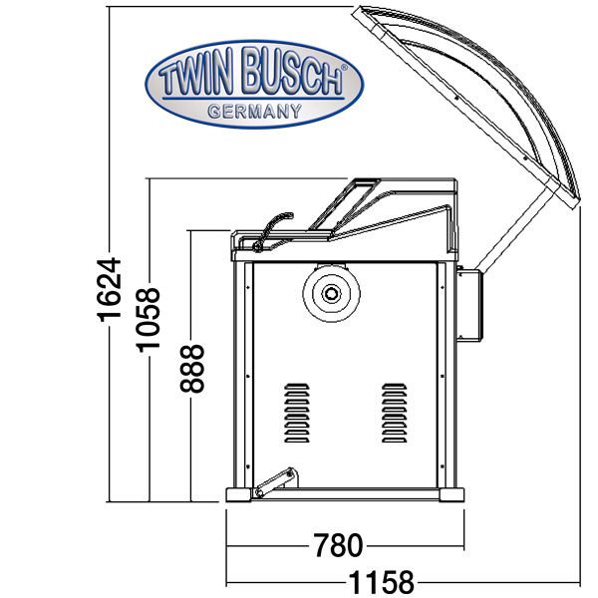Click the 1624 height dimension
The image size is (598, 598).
110,289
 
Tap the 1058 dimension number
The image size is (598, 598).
149,320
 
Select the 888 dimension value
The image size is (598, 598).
192,369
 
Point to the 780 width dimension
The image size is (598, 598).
338,545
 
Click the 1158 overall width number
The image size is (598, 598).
382,582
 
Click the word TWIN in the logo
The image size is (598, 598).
196,75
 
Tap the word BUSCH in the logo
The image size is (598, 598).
291,72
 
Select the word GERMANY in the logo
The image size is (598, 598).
255,111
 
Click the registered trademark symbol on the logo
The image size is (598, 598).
344,67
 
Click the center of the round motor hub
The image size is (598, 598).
331,293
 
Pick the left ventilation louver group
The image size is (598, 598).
297,413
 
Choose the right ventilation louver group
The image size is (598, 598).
395,413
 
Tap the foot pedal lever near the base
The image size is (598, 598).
275,482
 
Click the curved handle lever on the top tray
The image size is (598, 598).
272,232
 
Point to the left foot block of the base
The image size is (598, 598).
239,494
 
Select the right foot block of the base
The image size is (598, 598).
451,494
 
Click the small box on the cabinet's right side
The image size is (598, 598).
469,305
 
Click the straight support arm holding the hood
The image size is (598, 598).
515,229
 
